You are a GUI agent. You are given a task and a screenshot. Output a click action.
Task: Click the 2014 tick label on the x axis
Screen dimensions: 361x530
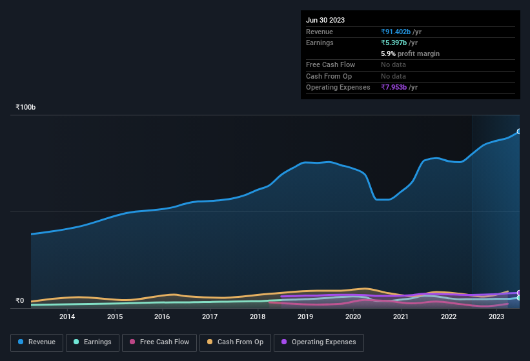tap(67, 317)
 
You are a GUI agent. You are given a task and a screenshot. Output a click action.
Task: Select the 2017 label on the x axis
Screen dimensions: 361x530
tap(210, 317)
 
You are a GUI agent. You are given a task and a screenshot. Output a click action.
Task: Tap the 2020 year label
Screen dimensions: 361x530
tap(353, 317)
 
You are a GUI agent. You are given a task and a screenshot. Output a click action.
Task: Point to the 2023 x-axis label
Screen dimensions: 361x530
tap(496, 317)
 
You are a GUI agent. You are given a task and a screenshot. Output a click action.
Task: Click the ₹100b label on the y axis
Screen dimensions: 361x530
tap(26, 107)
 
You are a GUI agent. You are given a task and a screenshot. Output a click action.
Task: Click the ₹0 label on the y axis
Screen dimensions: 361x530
tap(19, 300)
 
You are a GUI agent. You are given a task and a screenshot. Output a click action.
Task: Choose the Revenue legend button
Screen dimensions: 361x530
tap(37, 342)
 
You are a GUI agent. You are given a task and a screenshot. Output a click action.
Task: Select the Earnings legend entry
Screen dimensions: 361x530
tap(92, 342)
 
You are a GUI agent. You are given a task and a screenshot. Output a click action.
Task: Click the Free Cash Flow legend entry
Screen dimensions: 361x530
tap(159, 342)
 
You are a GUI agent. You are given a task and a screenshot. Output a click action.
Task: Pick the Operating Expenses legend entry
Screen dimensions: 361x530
tap(319, 342)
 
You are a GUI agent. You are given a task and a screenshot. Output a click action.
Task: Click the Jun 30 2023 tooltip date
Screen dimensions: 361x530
tap(325, 20)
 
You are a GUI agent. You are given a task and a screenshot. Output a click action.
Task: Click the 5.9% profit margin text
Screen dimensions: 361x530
tap(410, 54)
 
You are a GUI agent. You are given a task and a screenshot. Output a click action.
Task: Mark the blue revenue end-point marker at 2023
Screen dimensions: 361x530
tap(519, 132)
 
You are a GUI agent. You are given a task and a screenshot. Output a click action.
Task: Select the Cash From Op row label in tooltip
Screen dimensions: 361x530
tap(329, 76)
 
